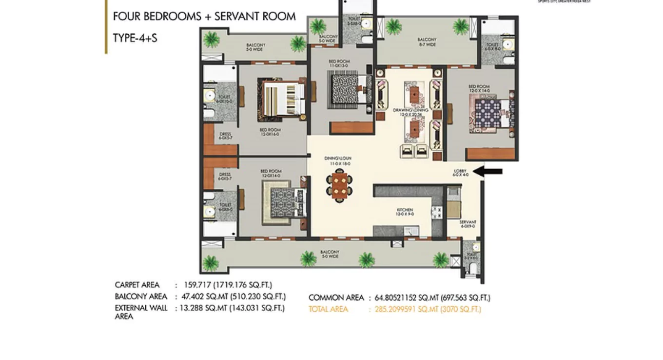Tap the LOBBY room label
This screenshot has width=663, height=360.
(461, 172)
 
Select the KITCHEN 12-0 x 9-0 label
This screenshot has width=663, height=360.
(405, 212)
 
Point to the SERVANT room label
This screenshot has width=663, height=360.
(468, 224)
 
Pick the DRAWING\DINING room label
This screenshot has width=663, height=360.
(410, 112)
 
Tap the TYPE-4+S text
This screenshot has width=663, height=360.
(135, 38)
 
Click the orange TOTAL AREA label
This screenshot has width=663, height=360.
(328, 309)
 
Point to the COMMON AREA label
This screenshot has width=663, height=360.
(336, 298)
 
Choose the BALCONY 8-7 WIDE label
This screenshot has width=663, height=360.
(427, 42)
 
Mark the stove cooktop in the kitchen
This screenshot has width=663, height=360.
(436, 212)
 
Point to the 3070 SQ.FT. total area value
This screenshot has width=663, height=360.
(461, 309)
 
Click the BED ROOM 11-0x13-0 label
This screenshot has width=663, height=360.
(339, 63)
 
